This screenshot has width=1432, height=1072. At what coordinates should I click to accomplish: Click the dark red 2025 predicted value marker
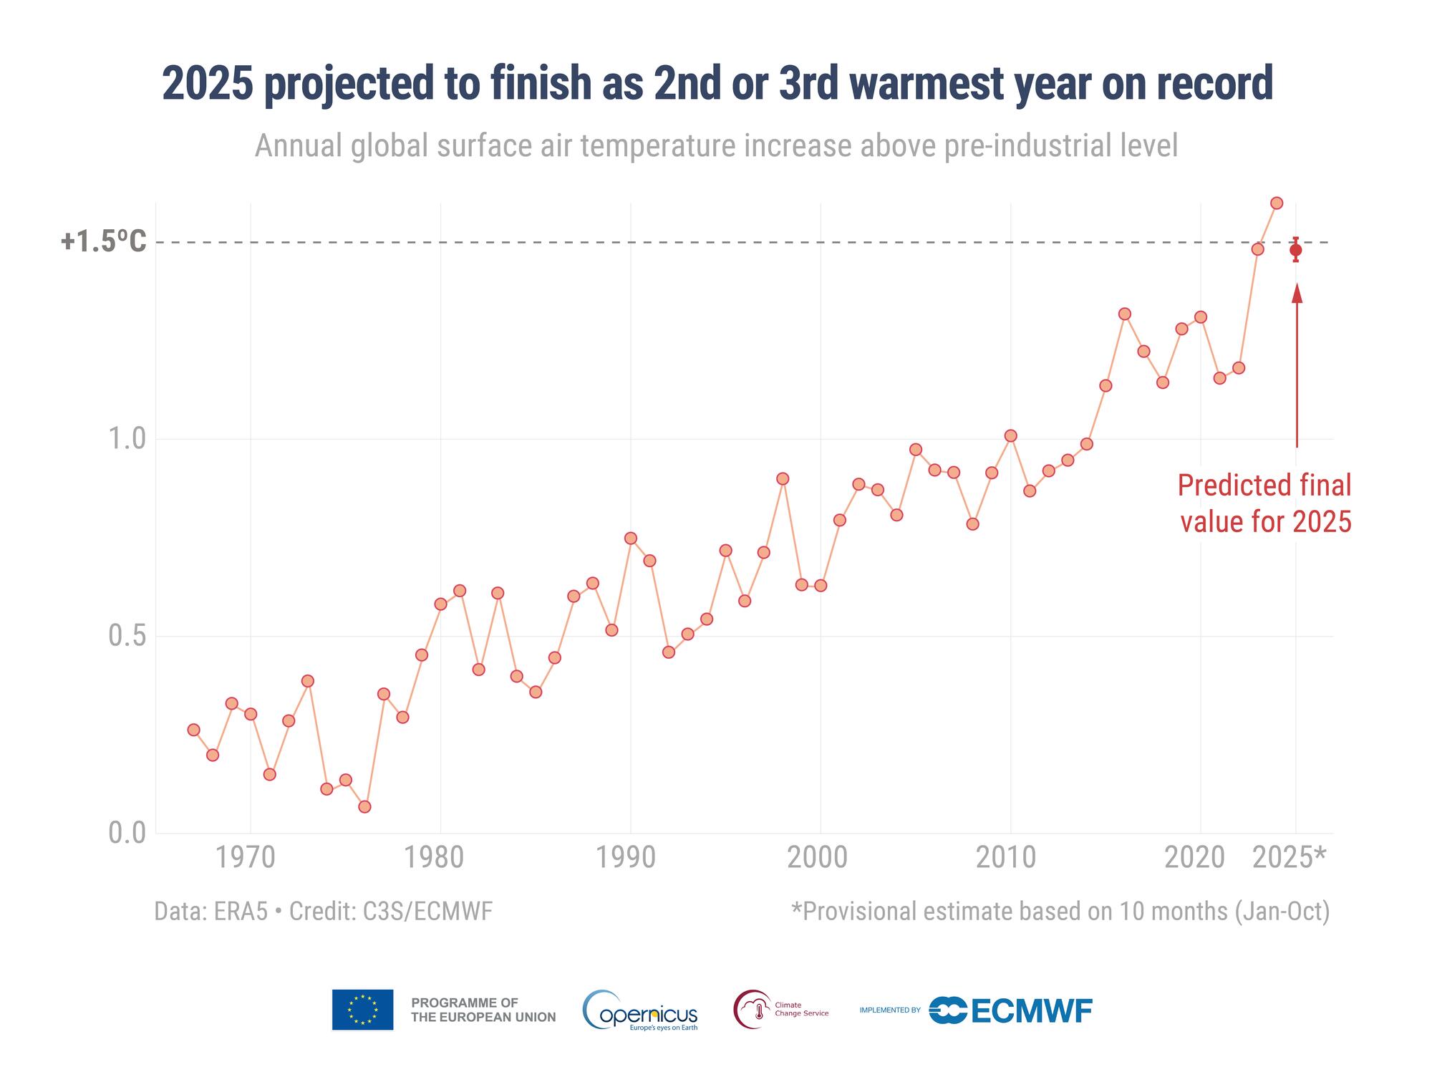point(1295,250)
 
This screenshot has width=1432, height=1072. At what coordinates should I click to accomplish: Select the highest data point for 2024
point(1276,203)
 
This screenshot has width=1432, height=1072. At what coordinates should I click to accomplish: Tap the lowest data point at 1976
point(364,806)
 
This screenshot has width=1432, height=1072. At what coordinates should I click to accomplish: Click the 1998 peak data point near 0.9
point(783,478)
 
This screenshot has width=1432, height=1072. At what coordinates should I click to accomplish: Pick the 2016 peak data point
point(1124,314)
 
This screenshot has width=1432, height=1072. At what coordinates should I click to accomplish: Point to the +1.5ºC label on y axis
point(103,242)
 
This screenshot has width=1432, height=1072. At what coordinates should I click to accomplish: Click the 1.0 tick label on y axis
point(127,438)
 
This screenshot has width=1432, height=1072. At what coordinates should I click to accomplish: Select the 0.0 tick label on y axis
point(127,834)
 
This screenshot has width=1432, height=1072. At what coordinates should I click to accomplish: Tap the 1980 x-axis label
point(440,857)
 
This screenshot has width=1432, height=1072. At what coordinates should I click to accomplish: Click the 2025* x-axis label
point(1290,857)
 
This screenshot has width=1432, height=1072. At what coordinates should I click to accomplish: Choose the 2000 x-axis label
point(821,857)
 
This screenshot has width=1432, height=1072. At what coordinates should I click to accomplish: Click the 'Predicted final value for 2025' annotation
point(1264,503)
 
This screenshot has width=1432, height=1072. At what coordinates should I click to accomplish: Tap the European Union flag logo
point(362,1010)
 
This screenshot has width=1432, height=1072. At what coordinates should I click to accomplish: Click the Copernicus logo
point(640,1010)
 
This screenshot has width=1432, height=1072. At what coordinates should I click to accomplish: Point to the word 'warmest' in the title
point(928,84)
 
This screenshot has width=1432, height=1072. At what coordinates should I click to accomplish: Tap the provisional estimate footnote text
point(1060,911)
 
